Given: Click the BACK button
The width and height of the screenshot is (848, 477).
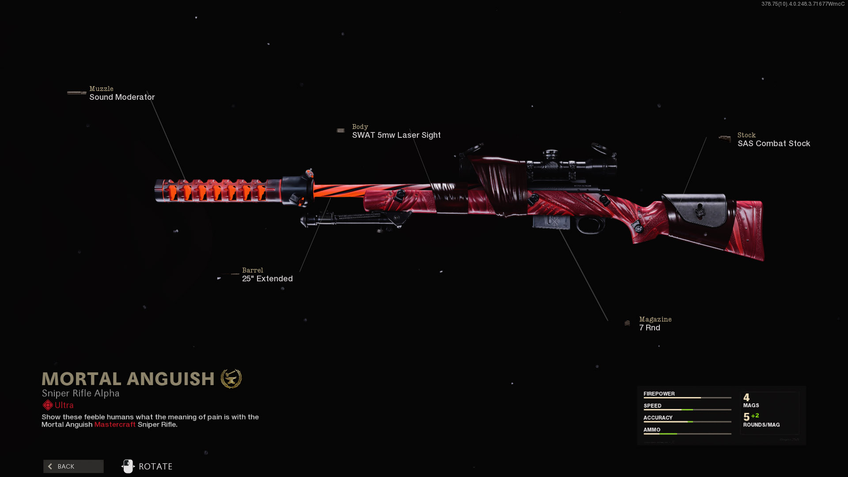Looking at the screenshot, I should coord(73,466).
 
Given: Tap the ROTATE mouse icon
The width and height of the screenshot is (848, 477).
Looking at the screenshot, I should coord(128,466).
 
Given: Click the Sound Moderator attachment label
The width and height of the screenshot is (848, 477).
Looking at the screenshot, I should coord(122,97).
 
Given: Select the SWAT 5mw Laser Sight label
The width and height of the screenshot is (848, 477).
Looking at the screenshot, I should coord(396,135).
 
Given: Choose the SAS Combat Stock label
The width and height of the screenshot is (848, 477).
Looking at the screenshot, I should coord(773,144).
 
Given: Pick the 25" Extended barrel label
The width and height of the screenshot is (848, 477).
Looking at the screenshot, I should coord(267,279).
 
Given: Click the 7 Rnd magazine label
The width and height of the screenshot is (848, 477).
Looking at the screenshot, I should coord(649,328).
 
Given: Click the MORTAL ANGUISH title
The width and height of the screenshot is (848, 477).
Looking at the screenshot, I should coord(128,379).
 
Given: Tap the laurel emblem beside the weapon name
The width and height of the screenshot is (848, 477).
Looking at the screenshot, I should coord(231,379).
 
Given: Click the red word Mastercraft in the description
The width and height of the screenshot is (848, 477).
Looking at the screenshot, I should coord(115,424).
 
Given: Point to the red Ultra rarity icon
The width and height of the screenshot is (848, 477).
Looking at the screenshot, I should coord(48,405).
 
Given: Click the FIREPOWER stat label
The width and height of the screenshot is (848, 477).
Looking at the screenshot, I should coord(659,394).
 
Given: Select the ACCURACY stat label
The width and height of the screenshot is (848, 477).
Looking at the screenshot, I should coord(658,417).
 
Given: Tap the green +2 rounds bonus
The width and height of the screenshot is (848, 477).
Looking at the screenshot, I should coord(755,416).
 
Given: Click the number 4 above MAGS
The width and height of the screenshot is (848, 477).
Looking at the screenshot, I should coord(746,397).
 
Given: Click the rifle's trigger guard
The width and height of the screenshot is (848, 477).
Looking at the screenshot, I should coord(590,225).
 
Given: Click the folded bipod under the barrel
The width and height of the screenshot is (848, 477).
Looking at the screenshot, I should coord(353,219).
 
